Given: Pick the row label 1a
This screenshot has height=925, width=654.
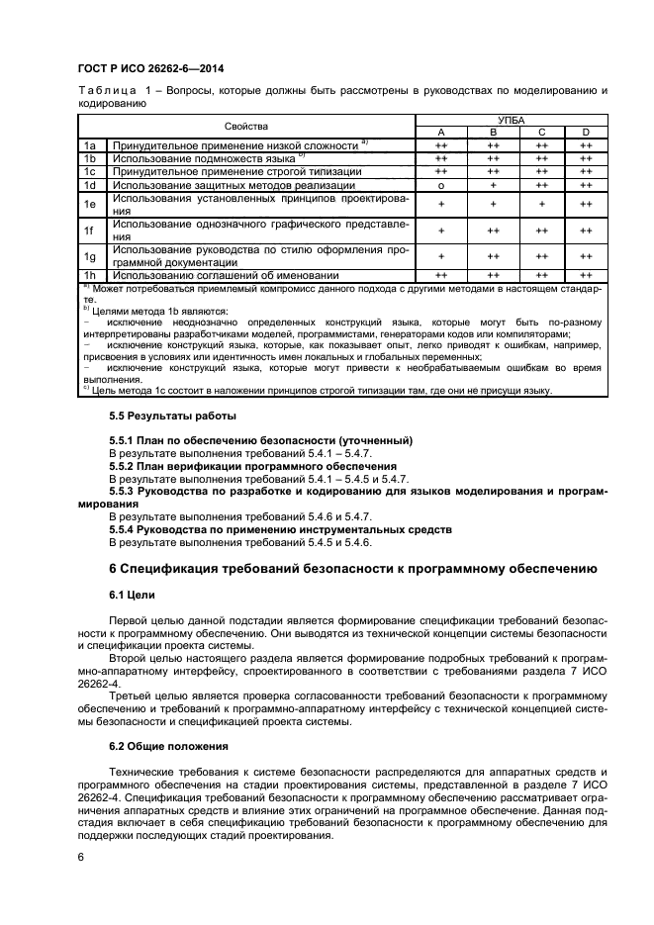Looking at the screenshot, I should point(88,145).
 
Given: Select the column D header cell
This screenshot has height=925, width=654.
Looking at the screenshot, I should point(586,133).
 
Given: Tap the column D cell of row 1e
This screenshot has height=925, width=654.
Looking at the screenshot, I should point(586,203).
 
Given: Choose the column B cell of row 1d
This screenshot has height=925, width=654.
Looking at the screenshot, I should point(493,184).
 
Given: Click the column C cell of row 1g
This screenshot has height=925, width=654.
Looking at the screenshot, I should point(541,255).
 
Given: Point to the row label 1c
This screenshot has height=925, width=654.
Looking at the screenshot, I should point(88,171).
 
